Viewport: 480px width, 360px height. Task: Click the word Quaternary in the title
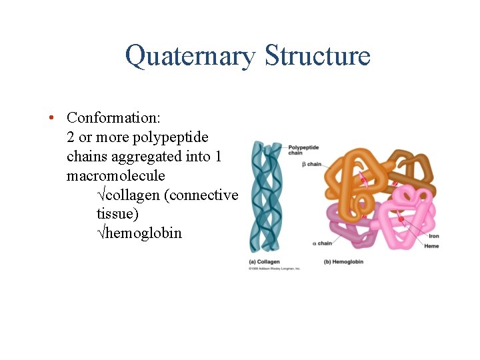click(x=189, y=56)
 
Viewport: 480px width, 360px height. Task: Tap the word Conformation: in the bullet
click(x=113, y=118)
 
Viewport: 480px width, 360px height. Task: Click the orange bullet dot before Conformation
click(x=51, y=118)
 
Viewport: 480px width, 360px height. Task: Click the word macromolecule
click(x=115, y=176)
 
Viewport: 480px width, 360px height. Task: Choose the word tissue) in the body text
click(x=117, y=215)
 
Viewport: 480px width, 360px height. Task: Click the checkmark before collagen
click(x=101, y=195)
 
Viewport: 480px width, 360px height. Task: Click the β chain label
click(x=311, y=164)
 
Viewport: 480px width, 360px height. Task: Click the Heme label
click(x=431, y=247)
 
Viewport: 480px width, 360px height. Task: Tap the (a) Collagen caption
click(x=264, y=262)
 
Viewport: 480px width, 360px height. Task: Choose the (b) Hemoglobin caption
click(x=343, y=262)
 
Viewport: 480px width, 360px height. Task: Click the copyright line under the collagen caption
click(x=274, y=269)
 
